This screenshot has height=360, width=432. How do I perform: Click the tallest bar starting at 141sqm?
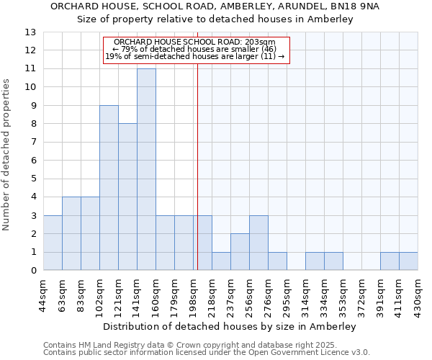coord(146,169)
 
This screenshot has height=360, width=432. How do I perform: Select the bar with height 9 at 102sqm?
coord(109,188)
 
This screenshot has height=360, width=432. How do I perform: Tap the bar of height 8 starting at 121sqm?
coord(127,197)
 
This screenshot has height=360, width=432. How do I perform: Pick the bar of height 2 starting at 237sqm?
coord(240,252)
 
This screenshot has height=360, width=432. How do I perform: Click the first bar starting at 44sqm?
coord(53,243)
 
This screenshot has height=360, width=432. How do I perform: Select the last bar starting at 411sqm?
coord(408,261)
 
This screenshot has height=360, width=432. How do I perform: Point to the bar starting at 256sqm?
coord(258,243)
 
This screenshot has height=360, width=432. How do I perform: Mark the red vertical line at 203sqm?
coord(197,166)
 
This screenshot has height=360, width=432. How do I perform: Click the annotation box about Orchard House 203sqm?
coord(195,50)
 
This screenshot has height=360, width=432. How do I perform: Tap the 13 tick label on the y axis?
coord(30,32)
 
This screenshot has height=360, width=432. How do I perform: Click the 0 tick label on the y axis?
coord(33,271)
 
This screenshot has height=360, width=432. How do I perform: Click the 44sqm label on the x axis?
coord(44,294)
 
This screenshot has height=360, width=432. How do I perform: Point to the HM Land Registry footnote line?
coord(206,345)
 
